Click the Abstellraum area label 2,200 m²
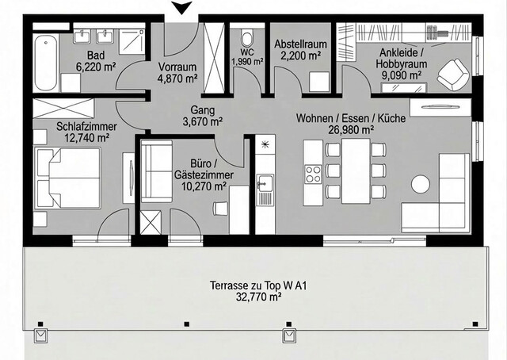click(x=297, y=56)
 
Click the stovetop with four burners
click(x=313, y=174)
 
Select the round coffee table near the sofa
click(x=420, y=184)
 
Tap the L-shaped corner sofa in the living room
click(x=444, y=198)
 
